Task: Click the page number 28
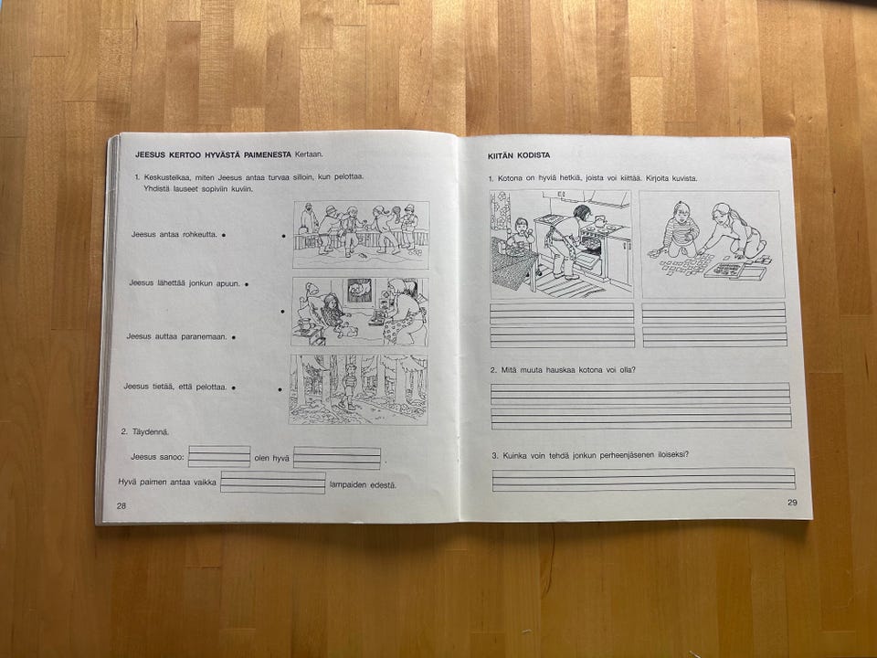[x=122, y=505]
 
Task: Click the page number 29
[x=792, y=503]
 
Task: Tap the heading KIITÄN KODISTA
[x=519, y=155]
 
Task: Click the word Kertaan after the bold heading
[x=309, y=154]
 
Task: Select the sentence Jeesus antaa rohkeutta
[x=174, y=235]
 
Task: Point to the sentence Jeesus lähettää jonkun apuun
[x=185, y=283]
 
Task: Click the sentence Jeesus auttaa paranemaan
[x=176, y=336]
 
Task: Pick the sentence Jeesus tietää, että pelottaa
[x=175, y=387]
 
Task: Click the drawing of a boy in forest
[x=358, y=389]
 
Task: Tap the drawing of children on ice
[x=362, y=235]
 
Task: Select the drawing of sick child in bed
[x=360, y=312]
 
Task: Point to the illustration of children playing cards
[x=712, y=245]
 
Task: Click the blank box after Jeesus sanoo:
[x=219, y=456]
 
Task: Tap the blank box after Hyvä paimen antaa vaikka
[x=273, y=483]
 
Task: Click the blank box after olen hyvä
[x=337, y=458]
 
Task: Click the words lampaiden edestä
[x=363, y=485]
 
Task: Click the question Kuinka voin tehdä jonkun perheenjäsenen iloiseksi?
[x=590, y=455]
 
